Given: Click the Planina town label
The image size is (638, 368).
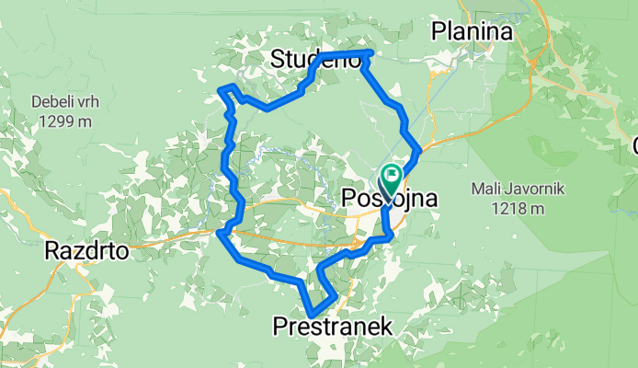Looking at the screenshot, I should coord(472,32).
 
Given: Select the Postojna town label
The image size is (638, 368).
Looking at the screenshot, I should coord(386,198).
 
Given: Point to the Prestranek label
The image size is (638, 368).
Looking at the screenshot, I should coord(333,326).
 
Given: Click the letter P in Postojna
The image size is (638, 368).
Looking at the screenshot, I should coord(348,198).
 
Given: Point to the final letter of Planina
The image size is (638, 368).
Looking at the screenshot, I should coord(505,32).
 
